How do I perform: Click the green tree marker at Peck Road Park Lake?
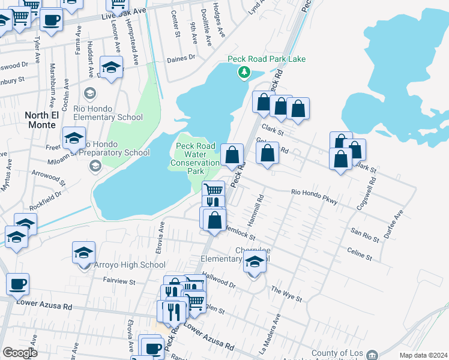(244, 73)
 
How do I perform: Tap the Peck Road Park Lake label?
(266, 59)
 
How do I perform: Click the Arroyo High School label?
(130, 265)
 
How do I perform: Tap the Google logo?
(20, 352)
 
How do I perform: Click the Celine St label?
(360, 253)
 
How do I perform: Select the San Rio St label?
(365, 235)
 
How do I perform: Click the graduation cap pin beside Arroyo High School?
(84, 253)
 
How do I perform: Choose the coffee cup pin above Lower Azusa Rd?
(17, 284)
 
